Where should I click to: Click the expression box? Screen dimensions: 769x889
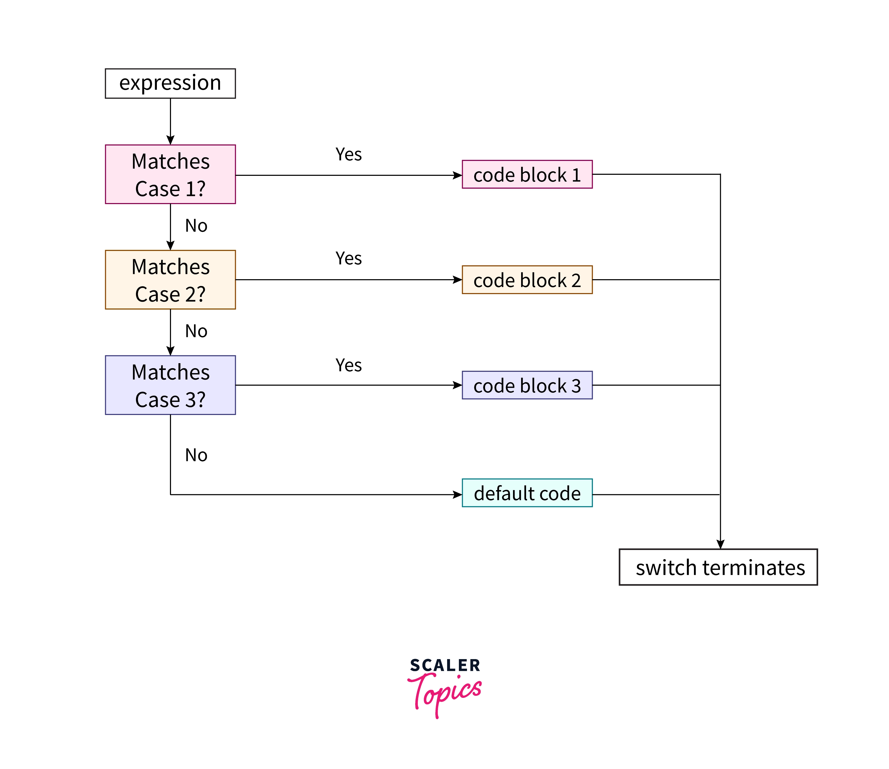170,83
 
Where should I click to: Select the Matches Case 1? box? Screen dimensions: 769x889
170,174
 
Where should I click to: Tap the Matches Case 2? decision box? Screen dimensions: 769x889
170,279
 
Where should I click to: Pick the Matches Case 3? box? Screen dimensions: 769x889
170,385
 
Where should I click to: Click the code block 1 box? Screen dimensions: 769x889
527,174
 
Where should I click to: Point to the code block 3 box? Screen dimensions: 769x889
527,385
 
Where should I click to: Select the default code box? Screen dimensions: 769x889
527,493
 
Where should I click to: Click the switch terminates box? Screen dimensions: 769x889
718,567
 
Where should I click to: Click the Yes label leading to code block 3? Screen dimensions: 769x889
348,365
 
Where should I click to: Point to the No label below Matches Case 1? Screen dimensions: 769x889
196,226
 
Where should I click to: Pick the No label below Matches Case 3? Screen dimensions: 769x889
196,455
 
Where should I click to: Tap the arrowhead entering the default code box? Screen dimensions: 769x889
457,495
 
